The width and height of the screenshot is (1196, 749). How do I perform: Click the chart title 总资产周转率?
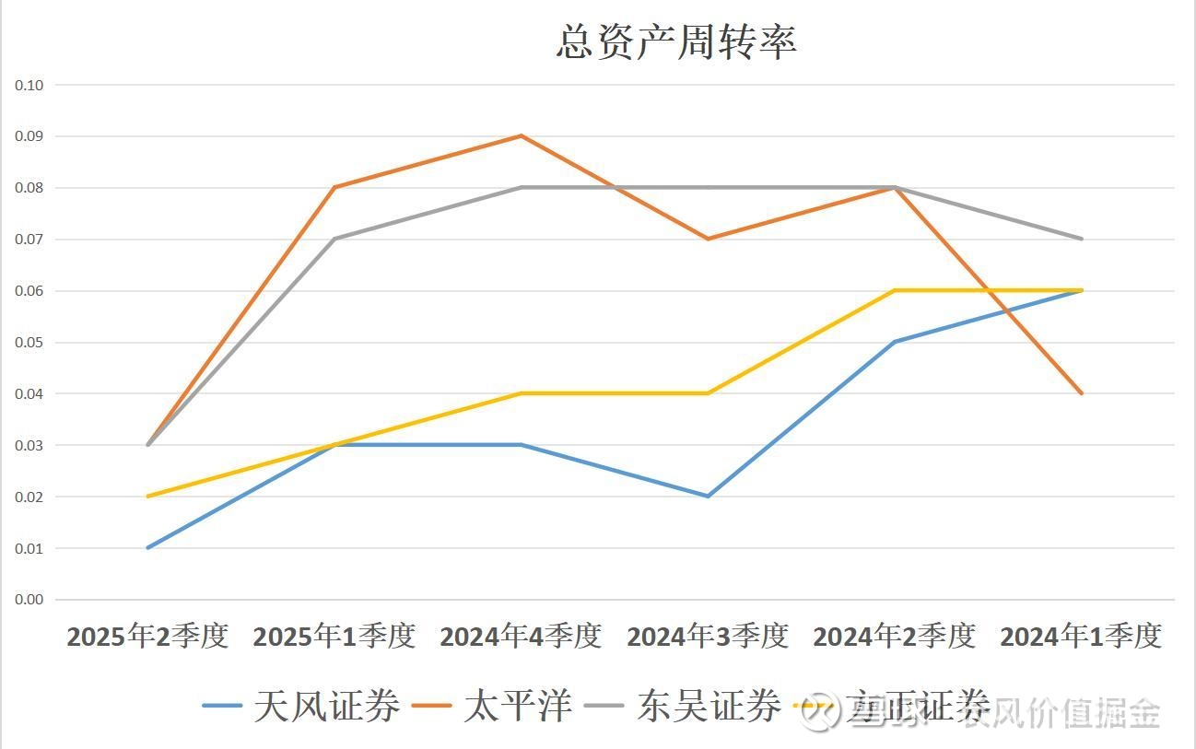[x=676, y=41]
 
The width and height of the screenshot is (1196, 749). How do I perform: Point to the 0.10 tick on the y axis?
[x=29, y=85]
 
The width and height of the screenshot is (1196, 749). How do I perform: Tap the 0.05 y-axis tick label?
[x=29, y=343]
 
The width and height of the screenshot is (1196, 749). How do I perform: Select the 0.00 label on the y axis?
[x=29, y=600]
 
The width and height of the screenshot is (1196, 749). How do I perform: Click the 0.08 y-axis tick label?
[x=29, y=188]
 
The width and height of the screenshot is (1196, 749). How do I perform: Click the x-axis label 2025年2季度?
[x=147, y=637]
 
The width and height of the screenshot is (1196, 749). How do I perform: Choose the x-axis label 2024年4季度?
[x=521, y=637]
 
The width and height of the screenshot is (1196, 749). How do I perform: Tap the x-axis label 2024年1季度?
[x=1081, y=637]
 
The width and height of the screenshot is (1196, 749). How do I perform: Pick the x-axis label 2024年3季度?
[x=708, y=637]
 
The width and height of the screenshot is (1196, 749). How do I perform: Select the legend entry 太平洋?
[x=517, y=707]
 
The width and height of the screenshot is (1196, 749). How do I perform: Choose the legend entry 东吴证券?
[x=708, y=707]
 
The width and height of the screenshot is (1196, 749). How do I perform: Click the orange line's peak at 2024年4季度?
[x=522, y=135]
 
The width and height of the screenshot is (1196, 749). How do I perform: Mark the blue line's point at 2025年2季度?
[x=147, y=548]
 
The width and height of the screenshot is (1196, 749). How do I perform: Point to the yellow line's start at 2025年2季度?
[x=147, y=497]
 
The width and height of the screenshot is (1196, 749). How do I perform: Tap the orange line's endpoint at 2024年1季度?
[x=1082, y=393]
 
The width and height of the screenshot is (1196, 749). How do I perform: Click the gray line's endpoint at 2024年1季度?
[x=1082, y=239]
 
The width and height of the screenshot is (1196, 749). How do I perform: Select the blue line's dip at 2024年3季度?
[x=708, y=497]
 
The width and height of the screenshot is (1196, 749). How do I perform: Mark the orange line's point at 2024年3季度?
[x=708, y=239]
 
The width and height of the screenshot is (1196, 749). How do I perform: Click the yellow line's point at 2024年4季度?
[x=522, y=393]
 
